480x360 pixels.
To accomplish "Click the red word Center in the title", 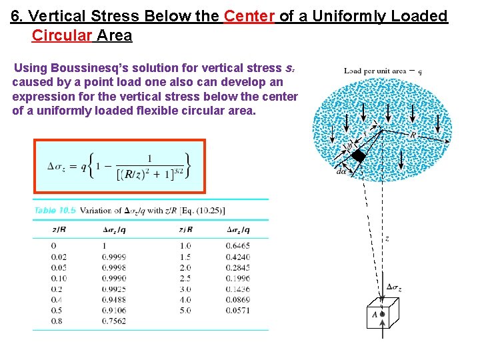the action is (249, 16).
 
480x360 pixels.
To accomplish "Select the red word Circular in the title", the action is (63, 35).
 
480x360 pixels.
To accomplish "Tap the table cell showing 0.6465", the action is (238, 246).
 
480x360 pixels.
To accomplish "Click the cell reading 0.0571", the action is (238, 310).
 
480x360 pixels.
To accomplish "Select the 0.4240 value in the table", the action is (238, 257).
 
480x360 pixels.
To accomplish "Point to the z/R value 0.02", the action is (59, 257).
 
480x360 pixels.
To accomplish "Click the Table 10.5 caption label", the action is (55, 211).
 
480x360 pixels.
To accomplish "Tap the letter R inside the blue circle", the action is (413, 135).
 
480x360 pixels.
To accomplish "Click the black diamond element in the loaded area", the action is (359, 157).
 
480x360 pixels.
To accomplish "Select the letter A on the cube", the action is (375, 315).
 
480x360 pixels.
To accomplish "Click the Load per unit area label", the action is (375, 71).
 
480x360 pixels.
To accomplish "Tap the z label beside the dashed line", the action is (387, 238).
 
